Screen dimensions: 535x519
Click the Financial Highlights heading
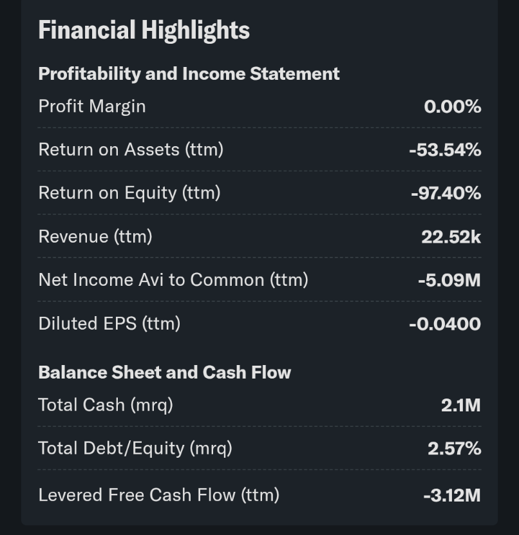pyautogui.click(x=144, y=30)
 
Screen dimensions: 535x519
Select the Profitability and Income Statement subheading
pyautogui.click(x=189, y=74)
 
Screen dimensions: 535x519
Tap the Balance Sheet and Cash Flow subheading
pyautogui.click(x=164, y=372)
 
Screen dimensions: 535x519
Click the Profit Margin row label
pyautogui.click(x=92, y=106)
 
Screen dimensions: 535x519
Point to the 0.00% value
pyautogui.click(x=452, y=107)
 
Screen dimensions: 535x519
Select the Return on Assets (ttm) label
pyautogui.click(x=131, y=149)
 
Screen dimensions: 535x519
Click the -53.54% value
pyautogui.click(x=445, y=150)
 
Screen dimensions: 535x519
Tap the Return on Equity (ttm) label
pyautogui.click(x=129, y=192)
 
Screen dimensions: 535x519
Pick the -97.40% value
pyautogui.click(x=446, y=193)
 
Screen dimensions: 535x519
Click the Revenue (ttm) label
pyautogui.click(x=95, y=236)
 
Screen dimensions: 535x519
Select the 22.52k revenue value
pyautogui.click(x=451, y=237)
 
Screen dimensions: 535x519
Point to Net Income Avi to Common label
pyautogui.click(x=173, y=279)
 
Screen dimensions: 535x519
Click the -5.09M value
pyautogui.click(x=449, y=280)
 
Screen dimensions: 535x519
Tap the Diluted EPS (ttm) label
pyautogui.click(x=109, y=323)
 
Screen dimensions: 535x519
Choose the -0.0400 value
pyautogui.click(x=444, y=323)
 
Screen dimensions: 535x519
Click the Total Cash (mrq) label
pyautogui.click(x=106, y=404)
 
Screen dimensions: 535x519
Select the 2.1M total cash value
pyautogui.click(x=460, y=405)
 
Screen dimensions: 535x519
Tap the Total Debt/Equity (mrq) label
pyautogui.click(x=135, y=447)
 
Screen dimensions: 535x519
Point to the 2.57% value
pyautogui.click(x=454, y=448)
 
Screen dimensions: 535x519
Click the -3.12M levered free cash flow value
pyautogui.click(x=451, y=495)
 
